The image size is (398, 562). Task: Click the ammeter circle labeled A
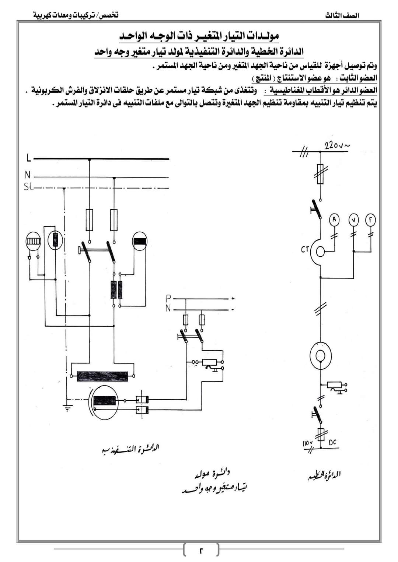coord(334,219)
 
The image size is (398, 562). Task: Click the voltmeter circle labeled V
coord(353,219)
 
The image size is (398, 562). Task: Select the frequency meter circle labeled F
coord(370,219)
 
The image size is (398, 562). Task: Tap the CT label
coord(305,250)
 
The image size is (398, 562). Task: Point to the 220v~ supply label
coord(337,145)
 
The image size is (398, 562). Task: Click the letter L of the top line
coord(28,159)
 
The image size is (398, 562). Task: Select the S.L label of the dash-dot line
coord(28,187)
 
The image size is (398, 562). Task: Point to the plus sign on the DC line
coord(233,298)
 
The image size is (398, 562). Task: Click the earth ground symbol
coord(67,408)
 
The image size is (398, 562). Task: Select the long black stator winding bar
coord(102,376)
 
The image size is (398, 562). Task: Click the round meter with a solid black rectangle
coord(140,240)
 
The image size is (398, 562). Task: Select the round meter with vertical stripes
coord(33,240)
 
